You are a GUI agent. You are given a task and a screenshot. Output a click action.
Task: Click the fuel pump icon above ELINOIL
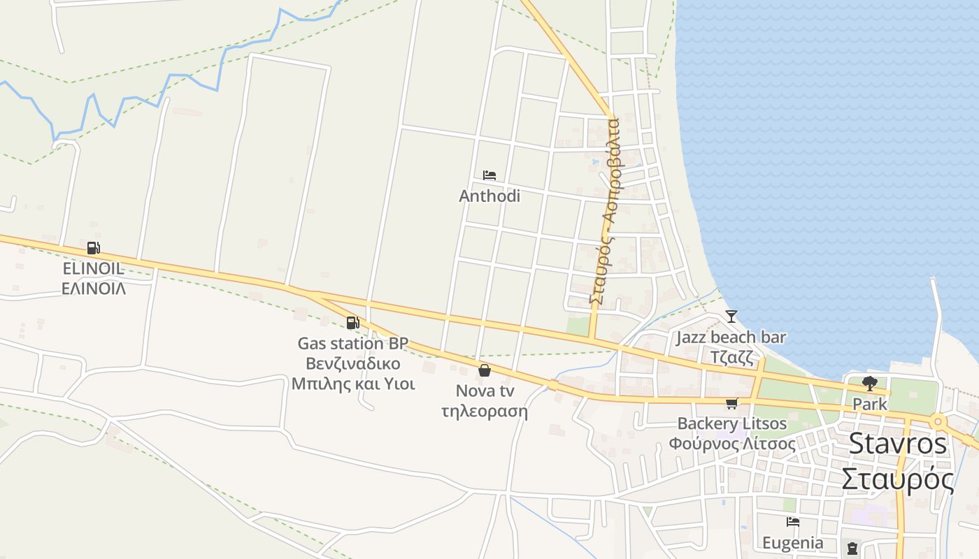pos(93,248)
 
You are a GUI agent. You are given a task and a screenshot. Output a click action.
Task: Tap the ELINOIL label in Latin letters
pos(93,269)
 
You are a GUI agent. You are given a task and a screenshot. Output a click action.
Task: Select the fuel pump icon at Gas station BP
pos(352,323)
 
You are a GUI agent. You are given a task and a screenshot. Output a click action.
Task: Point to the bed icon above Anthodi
pos(489,175)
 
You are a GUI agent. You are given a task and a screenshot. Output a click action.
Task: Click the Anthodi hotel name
pos(489,196)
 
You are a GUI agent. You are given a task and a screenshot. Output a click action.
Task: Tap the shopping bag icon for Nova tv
pos(484,370)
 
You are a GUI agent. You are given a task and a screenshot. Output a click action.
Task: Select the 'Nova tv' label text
pos(484,391)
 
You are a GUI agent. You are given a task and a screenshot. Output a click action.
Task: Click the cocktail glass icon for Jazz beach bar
pos(731,317)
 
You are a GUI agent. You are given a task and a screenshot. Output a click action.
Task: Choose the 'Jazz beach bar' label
pos(731,338)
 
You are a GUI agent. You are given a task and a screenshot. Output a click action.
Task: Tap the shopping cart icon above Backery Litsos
pos(732,403)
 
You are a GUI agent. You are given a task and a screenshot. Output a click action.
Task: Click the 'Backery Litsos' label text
pos(732,423)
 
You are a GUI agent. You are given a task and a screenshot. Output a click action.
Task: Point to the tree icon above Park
pos(870,383)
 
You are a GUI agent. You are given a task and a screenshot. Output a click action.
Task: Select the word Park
pos(870,404)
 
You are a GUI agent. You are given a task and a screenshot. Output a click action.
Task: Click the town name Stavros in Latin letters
pos(898,444)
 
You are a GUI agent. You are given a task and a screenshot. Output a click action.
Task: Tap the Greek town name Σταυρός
pos(898,479)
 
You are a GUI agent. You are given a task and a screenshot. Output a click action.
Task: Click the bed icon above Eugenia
pos(792,522)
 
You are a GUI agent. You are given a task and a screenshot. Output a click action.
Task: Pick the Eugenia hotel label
pos(792,543)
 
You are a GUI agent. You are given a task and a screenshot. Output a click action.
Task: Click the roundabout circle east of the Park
pos(938,421)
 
